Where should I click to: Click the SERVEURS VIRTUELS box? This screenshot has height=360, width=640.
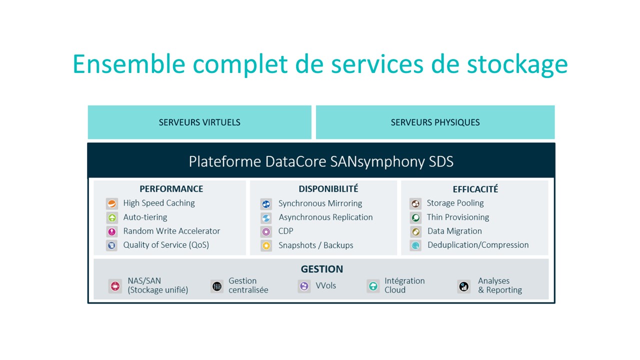click(x=199, y=122)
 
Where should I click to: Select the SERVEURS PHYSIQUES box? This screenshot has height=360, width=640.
click(x=435, y=122)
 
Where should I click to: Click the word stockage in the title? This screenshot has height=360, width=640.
click(x=517, y=65)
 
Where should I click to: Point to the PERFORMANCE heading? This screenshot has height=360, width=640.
click(x=171, y=189)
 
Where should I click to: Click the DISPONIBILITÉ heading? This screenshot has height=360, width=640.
click(x=328, y=188)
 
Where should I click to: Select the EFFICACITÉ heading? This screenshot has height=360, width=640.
click(x=475, y=189)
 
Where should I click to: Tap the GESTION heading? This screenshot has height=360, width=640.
click(x=321, y=269)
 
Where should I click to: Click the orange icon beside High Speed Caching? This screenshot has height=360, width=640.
click(x=111, y=203)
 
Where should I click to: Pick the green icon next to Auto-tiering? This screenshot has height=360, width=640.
click(x=111, y=217)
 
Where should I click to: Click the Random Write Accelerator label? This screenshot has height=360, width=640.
click(x=171, y=231)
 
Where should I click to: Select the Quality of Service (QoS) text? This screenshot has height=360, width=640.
click(x=166, y=245)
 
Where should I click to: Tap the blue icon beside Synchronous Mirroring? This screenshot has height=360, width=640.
click(x=266, y=204)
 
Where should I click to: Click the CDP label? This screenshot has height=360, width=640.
click(x=285, y=231)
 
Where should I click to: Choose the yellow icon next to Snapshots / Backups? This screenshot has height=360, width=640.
click(x=266, y=245)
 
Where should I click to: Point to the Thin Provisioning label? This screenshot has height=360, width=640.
click(x=457, y=217)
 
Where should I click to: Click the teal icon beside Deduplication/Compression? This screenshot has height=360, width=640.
click(x=415, y=245)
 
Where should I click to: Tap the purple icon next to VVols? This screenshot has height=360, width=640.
click(x=304, y=286)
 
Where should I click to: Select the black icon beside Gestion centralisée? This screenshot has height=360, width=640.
click(x=217, y=286)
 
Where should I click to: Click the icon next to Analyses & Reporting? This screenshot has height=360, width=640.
click(x=463, y=286)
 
